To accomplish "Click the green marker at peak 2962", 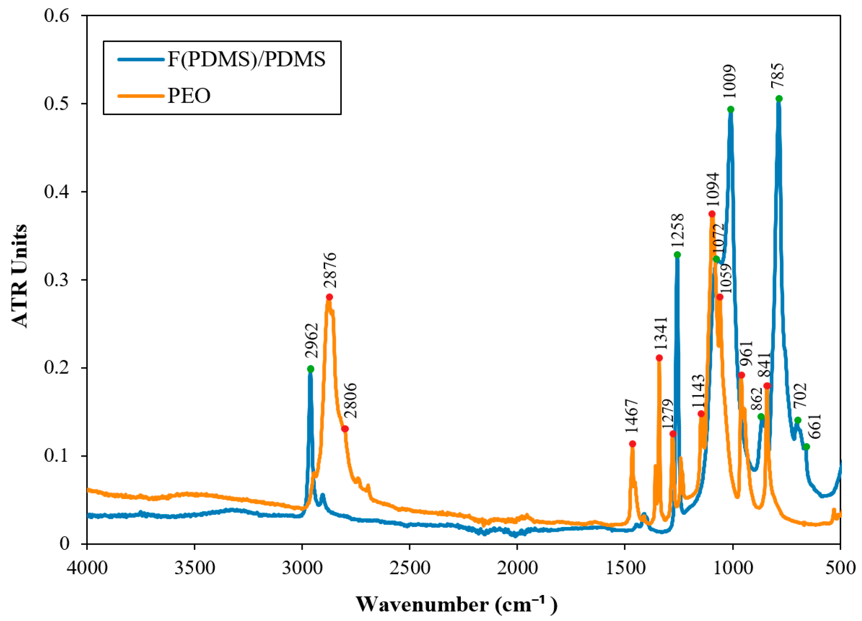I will click(x=311, y=369).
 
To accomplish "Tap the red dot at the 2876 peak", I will click(x=329, y=297).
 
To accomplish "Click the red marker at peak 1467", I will click(x=633, y=444).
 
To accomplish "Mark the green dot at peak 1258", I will click(x=677, y=255).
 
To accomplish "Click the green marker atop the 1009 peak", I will click(x=730, y=110).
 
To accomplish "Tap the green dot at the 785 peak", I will click(x=779, y=98).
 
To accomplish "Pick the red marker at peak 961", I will click(x=741, y=375).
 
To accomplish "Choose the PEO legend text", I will click(x=189, y=95).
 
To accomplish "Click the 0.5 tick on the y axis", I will click(x=57, y=103).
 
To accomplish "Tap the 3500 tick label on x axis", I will click(x=194, y=568).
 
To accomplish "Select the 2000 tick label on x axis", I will click(x=517, y=568).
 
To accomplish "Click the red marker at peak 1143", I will click(x=701, y=414).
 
